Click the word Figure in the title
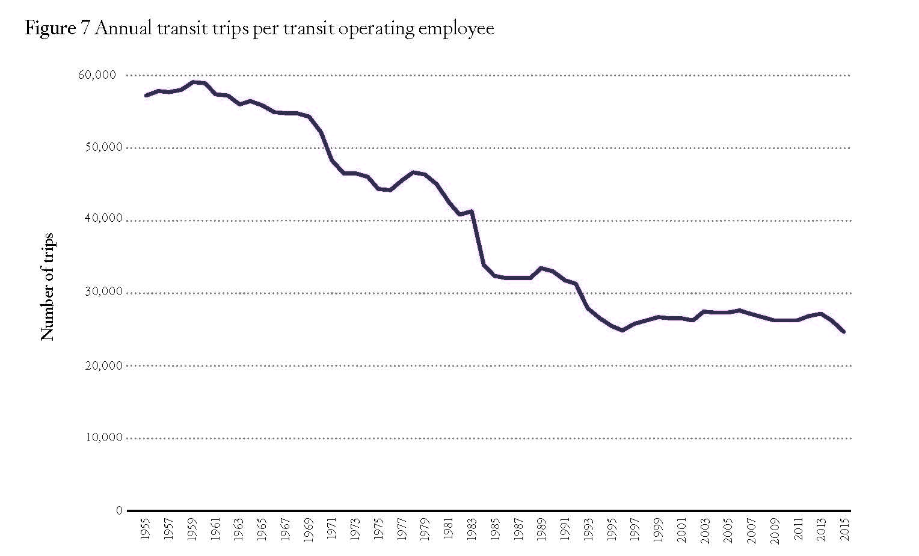tap(49, 28)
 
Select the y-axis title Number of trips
tap(48, 287)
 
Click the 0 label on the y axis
tap(119, 510)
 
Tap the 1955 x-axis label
tap(146, 529)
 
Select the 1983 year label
tap(472, 529)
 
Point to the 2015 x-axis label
tap(844, 529)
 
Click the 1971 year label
tap(332, 529)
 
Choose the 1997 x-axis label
tap(635, 529)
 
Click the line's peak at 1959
tap(193, 82)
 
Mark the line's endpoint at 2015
tap(844, 331)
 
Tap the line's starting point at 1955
tap(146, 95)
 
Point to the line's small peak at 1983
tap(472, 211)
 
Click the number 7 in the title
tap(84, 28)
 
